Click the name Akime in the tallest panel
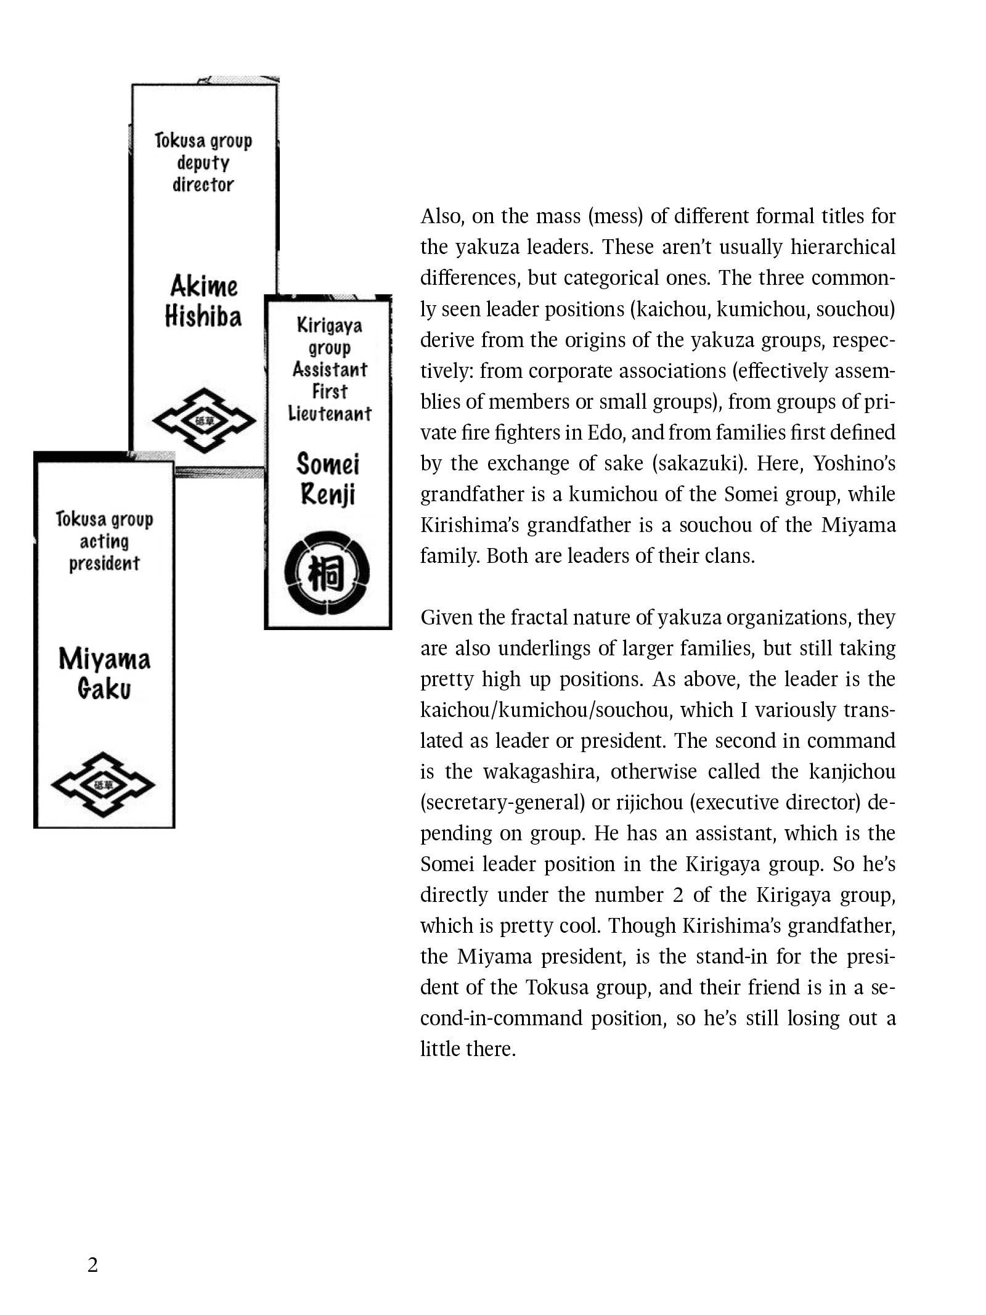203,286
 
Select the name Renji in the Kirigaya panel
328,494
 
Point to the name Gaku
104,689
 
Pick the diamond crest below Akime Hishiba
204,420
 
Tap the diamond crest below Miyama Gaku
103,784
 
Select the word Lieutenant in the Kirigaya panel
330,413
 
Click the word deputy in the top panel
203,163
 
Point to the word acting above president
104,541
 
